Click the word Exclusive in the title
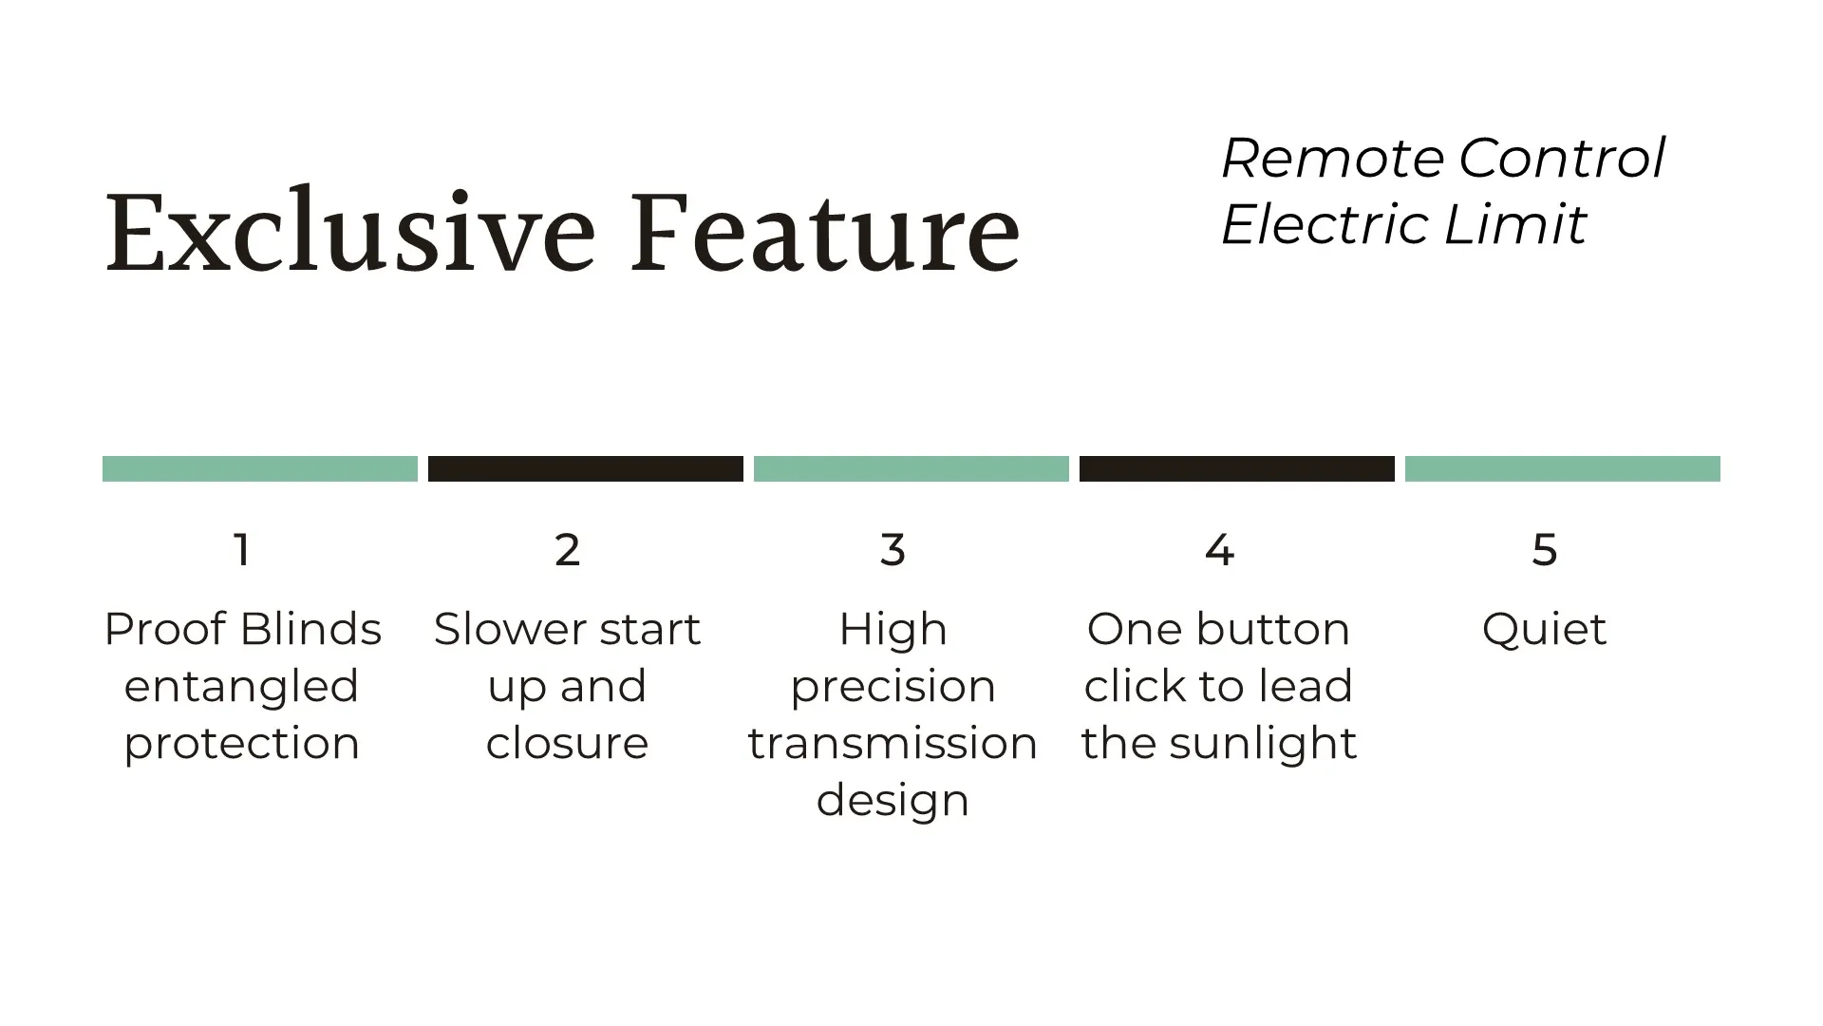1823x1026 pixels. (350, 232)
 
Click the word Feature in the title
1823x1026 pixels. (825, 232)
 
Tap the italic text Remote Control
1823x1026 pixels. (1443, 158)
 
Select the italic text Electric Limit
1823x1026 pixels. (1403, 224)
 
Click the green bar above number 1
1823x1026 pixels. (260, 468)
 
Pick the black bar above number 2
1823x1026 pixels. (586, 468)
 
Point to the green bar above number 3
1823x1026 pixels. (911, 468)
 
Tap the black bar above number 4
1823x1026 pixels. (1237, 468)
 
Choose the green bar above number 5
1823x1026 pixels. (1563, 468)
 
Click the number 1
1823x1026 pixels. (242, 549)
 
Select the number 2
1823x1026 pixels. (567, 549)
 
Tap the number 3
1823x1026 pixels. (893, 549)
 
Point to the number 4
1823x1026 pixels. (1219, 549)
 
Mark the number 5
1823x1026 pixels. (1545, 549)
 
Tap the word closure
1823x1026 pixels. (567, 743)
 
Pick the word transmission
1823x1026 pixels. (893, 743)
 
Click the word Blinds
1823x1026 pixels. (310, 629)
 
